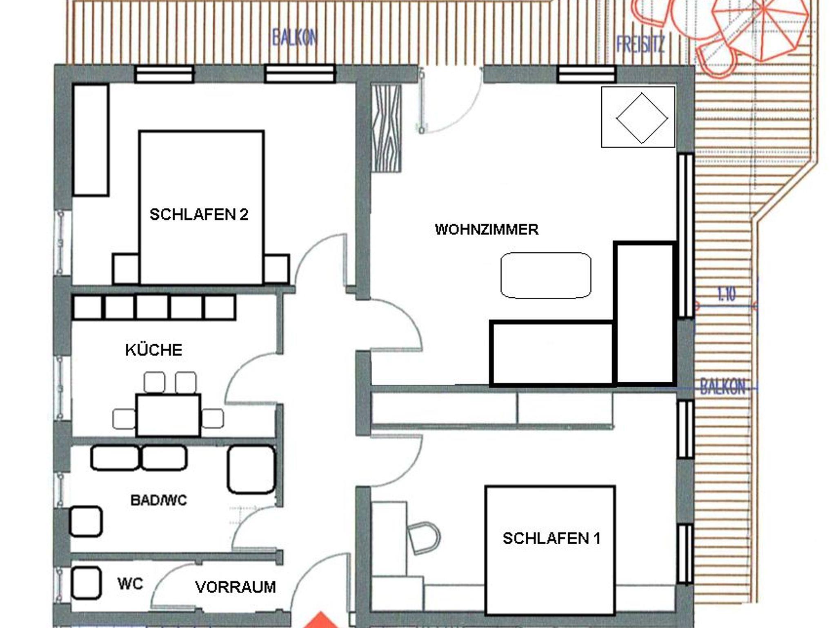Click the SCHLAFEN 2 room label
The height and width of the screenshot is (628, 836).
coord(199,215)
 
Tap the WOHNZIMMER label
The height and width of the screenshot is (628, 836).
coord(487,229)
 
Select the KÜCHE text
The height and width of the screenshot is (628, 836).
coord(153,350)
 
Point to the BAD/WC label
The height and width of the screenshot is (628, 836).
coord(159,500)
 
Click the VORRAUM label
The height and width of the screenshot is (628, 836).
coord(236,587)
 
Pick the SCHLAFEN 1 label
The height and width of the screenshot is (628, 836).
coord(551,539)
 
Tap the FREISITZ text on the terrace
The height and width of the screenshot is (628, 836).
coord(640,45)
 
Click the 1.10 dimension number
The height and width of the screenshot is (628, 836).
coord(726,294)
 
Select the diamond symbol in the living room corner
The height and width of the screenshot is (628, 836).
coord(642,118)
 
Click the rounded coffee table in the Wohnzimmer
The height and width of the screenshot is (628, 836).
coord(546,276)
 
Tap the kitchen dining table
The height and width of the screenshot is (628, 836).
coord(168,415)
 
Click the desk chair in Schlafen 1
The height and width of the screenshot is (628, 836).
coord(424,538)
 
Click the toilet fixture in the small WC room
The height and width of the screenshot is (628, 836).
coord(86,583)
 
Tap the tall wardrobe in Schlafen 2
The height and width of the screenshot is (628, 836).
coord(91,140)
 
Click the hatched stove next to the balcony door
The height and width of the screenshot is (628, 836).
coord(386,128)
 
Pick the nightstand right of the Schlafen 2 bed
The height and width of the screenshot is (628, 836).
coord(276,269)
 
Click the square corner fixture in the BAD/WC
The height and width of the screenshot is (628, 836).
coord(85,521)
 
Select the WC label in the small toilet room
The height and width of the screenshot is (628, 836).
coord(130,583)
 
